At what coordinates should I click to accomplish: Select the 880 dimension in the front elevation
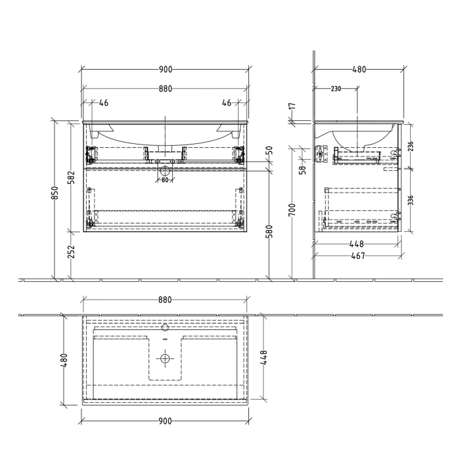[165, 89]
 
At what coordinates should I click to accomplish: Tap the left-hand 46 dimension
[104, 103]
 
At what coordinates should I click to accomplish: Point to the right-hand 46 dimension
[226, 103]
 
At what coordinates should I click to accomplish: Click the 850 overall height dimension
[56, 193]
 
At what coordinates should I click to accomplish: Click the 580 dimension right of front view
[269, 232]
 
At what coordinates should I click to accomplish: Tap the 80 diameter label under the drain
[165, 180]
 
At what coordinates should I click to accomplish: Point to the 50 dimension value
[269, 150]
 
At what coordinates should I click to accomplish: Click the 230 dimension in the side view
[336, 89]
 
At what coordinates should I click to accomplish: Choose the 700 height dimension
[293, 210]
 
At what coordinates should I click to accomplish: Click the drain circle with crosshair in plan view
[165, 359]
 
